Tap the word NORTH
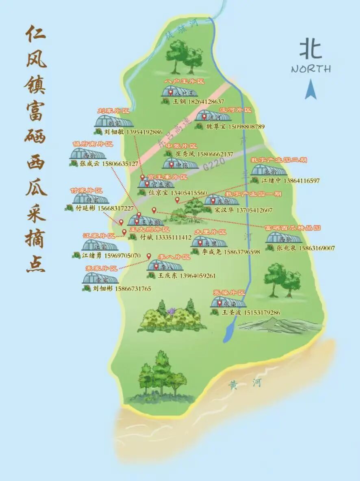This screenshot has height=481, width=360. coord(311,69)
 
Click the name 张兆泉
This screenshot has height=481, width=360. coord(287,248)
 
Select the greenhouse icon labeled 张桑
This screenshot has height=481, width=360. coord(229,302)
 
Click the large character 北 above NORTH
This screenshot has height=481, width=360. coord(311,50)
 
